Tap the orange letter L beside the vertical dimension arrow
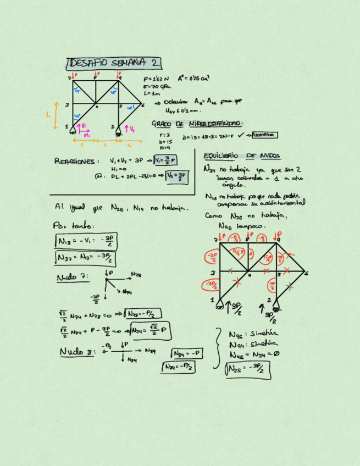pos(48,114)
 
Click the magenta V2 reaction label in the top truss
pos(132,129)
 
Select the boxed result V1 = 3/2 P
pos(166,160)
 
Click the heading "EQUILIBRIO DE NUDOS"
pos(241,156)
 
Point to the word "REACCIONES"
pos(76,162)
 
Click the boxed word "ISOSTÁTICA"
pos(262,135)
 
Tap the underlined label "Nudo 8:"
pos(77,351)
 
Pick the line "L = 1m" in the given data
pos(151,93)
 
